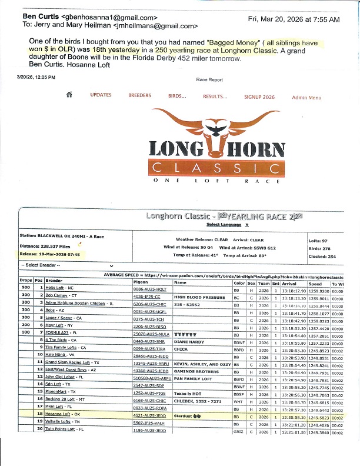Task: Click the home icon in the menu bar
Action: coord(69,95)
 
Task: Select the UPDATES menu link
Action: coord(101,95)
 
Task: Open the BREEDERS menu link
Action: coord(139,95)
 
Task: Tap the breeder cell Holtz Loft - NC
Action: coord(59,288)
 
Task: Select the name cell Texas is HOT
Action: coord(188,391)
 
